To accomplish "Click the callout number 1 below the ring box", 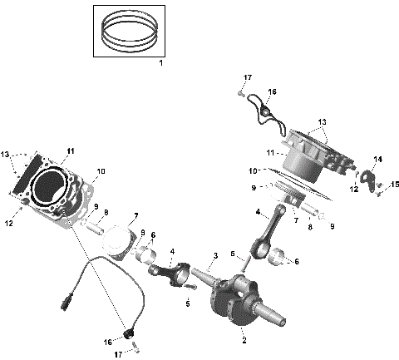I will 161,64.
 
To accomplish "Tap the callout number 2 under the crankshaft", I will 244,340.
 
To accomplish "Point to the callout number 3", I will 215,255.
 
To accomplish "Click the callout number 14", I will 377,158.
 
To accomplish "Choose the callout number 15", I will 395,184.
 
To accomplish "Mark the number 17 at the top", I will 247,77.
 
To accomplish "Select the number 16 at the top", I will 271,91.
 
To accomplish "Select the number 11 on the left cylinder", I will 71,150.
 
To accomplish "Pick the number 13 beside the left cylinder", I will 7,155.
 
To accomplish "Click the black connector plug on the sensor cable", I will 66,301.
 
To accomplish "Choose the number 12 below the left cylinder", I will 10,222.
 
